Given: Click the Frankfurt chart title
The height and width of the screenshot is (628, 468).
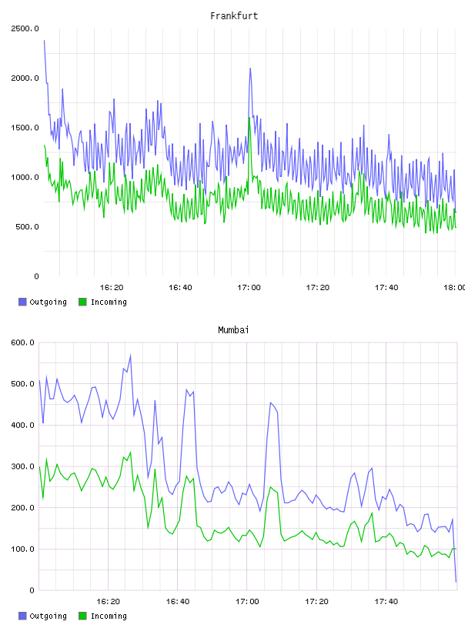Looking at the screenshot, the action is [234, 16].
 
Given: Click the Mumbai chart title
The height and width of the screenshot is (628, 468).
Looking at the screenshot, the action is [233, 330].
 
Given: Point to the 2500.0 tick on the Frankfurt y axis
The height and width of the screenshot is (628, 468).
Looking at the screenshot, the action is [25, 28].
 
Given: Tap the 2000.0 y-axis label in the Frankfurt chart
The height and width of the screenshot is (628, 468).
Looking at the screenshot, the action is [25, 78].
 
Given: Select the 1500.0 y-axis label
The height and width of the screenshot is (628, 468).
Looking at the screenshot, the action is [25, 128].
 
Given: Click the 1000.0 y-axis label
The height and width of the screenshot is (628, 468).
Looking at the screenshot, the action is [25, 178].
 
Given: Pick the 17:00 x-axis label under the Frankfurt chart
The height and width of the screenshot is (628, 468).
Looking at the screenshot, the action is [249, 288].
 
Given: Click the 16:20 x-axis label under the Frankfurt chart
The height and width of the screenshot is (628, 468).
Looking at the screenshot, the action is [112, 288].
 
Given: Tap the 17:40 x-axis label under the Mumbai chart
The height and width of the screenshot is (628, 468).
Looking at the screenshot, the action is [386, 602].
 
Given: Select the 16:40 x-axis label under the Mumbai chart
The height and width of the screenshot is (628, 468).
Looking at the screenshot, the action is [178, 602].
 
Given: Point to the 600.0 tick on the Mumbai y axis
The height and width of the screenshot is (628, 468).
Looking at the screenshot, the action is [23, 342].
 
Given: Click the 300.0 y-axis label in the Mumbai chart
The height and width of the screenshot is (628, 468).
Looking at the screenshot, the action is [23, 466].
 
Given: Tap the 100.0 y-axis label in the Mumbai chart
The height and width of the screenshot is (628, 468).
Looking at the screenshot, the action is [23, 549].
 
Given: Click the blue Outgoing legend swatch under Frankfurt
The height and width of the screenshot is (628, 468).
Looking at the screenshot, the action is [22, 302].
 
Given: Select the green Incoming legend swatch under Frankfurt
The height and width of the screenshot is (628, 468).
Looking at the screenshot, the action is [82, 302].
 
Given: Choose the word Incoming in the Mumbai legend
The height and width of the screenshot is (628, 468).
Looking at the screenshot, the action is [109, 616].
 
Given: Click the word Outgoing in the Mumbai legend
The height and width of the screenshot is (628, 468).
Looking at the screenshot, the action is [48, 616].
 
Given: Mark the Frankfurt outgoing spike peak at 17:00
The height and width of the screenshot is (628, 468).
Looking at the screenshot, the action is [250, 68].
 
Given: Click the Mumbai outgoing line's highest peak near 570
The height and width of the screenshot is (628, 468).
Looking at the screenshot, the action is [130, 356].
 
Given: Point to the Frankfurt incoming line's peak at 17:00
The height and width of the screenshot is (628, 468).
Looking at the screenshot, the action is [249, 118].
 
